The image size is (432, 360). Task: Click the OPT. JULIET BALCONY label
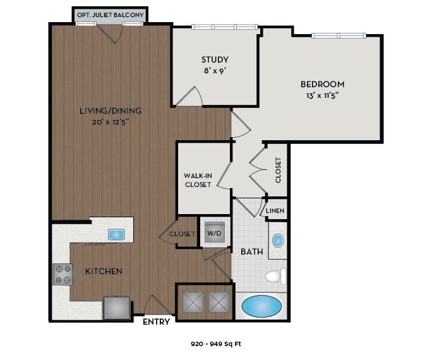point(110,15)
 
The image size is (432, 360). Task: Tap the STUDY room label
point(215,60)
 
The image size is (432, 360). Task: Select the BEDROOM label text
point(322,84)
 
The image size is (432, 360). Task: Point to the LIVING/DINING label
point(111,111)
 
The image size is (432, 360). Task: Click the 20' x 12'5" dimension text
point(111,122)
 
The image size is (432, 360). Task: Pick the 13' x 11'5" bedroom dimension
point(322,96)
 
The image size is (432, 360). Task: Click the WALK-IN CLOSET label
point(198,179)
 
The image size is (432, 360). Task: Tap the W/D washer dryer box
point(215,233)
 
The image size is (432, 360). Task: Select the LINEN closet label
point(275,211)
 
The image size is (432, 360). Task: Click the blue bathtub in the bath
point(261,307)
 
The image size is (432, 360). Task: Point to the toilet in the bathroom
point(275,276)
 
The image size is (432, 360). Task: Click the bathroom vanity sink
point(278,241)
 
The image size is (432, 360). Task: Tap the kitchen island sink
point(117,234)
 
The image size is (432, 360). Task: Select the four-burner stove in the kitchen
point(63,274)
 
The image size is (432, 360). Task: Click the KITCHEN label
point(104,271)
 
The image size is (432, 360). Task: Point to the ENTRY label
point(156,322)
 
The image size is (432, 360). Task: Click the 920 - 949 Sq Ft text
point(216,344)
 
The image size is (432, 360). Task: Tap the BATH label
point(251,251)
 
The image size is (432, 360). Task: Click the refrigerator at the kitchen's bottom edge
point(117,308)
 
